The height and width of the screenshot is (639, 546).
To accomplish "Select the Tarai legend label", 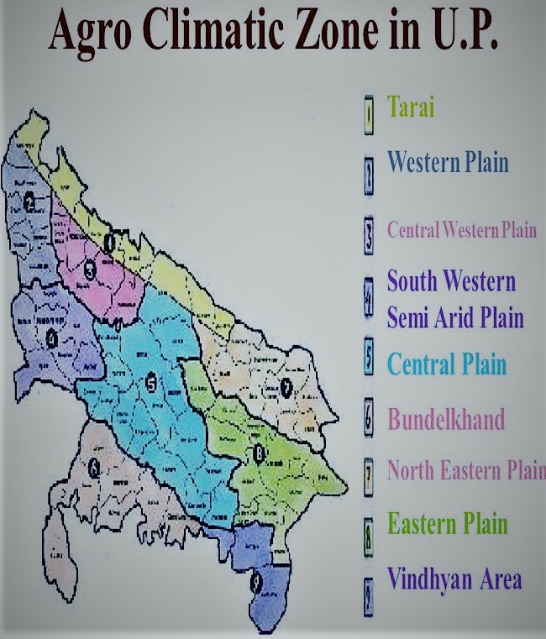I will tap(411, 107).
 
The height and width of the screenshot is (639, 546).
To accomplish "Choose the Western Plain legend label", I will tap(447, 161).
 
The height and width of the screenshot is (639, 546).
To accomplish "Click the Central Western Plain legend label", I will tap(461, 229).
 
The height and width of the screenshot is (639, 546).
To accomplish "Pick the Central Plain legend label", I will tap(446, 364).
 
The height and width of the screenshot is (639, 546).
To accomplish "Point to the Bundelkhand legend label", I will tap(445, 418).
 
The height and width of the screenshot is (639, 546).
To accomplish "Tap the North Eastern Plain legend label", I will tap(465, 470).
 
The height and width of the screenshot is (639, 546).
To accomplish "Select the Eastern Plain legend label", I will tap(447, 525).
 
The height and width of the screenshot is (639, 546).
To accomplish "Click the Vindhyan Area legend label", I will tap(454, 579).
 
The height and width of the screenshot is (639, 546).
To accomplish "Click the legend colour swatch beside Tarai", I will tap(368, 116).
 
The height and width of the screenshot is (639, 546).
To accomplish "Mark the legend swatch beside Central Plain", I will tap(368, 359).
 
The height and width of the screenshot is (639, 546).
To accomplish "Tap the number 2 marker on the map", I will tap(29, 202).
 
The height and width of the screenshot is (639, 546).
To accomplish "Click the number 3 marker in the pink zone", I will tap(89, 270).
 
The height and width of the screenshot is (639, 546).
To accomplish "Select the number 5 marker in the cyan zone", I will tap(150, 384).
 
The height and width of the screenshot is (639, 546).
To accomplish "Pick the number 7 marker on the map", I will tap(286, 387).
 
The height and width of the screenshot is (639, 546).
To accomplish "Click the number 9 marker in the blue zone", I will tap(256, 579).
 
